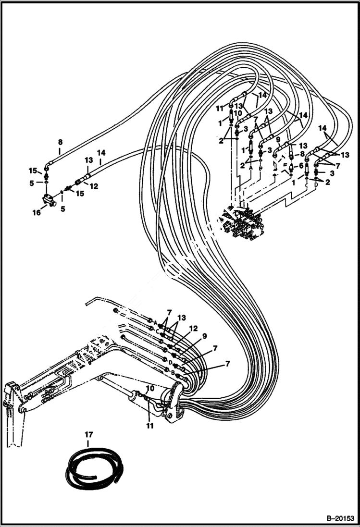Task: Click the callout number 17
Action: (88, 435)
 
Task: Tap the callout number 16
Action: (37, 212)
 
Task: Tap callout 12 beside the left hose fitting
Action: (94, 186)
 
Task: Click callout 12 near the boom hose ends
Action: (193, 329)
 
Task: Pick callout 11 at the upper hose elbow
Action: (220, 108)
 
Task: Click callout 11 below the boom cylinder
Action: (150, 426)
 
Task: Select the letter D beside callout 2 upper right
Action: (316, 184)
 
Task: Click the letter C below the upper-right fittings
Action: (306, 184)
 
